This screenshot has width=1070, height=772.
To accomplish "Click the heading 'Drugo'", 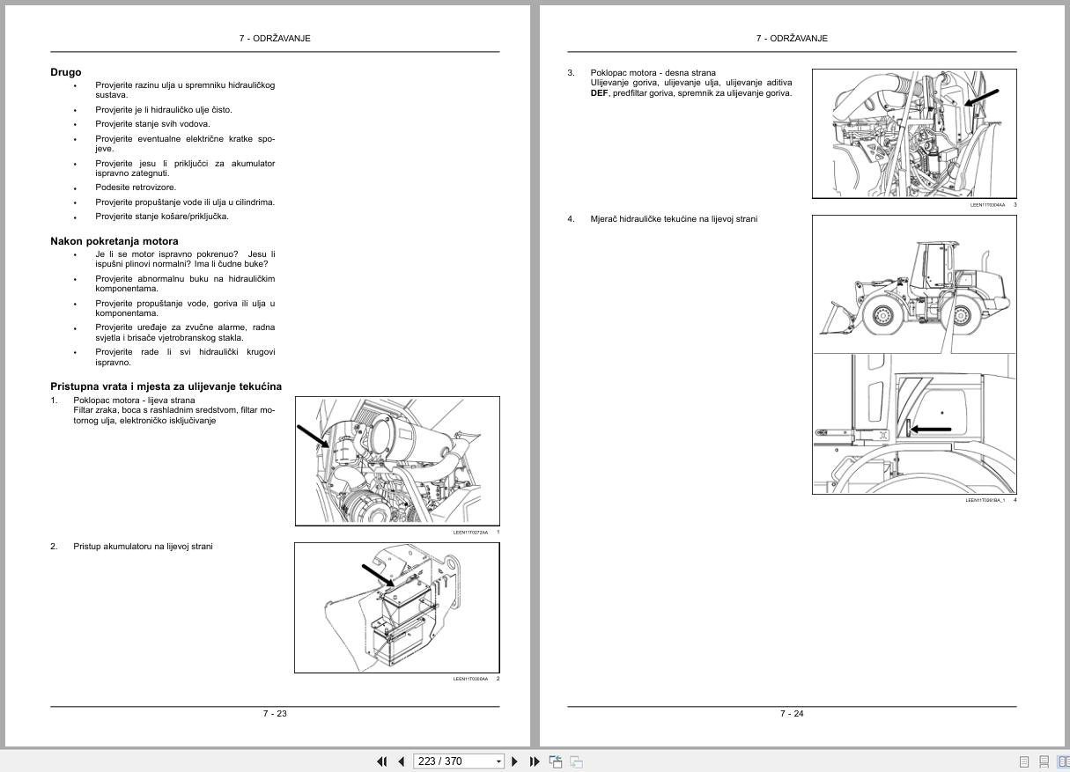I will pyautogui.click(x=66, y=72).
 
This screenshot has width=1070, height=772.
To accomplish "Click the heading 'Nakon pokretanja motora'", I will pyautogui.click(x=114, y=241).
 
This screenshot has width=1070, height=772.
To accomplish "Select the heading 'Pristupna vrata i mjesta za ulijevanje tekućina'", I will pyautogui.click(x=166, y=386).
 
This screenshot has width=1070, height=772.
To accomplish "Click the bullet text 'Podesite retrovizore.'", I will pyautogui.click(x=136, y=187).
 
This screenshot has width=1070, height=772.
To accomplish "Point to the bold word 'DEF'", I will pyautogui.click(x=600, y=92).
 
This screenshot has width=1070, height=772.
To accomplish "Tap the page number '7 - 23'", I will pyautogui.click(x=275, y=713).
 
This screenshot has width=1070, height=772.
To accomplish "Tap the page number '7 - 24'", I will pyautogui.click(x=792, y=713).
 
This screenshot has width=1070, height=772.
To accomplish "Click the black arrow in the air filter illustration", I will pyautogui.click(x=314, y=436).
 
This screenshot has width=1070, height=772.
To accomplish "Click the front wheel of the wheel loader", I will pyautogui.click(x=880, y=316).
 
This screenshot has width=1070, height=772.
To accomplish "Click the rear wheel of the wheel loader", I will pyautogui.click(x=967, y=316).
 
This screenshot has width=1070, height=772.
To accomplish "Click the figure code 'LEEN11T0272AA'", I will pyautogui.click(x=470, y=533).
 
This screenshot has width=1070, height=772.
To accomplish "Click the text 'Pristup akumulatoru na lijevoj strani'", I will pyautogui.click(x=143, y=547).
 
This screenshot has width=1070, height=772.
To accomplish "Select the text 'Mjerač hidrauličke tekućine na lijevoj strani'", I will pyautogui.click(x=674, y=219).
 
